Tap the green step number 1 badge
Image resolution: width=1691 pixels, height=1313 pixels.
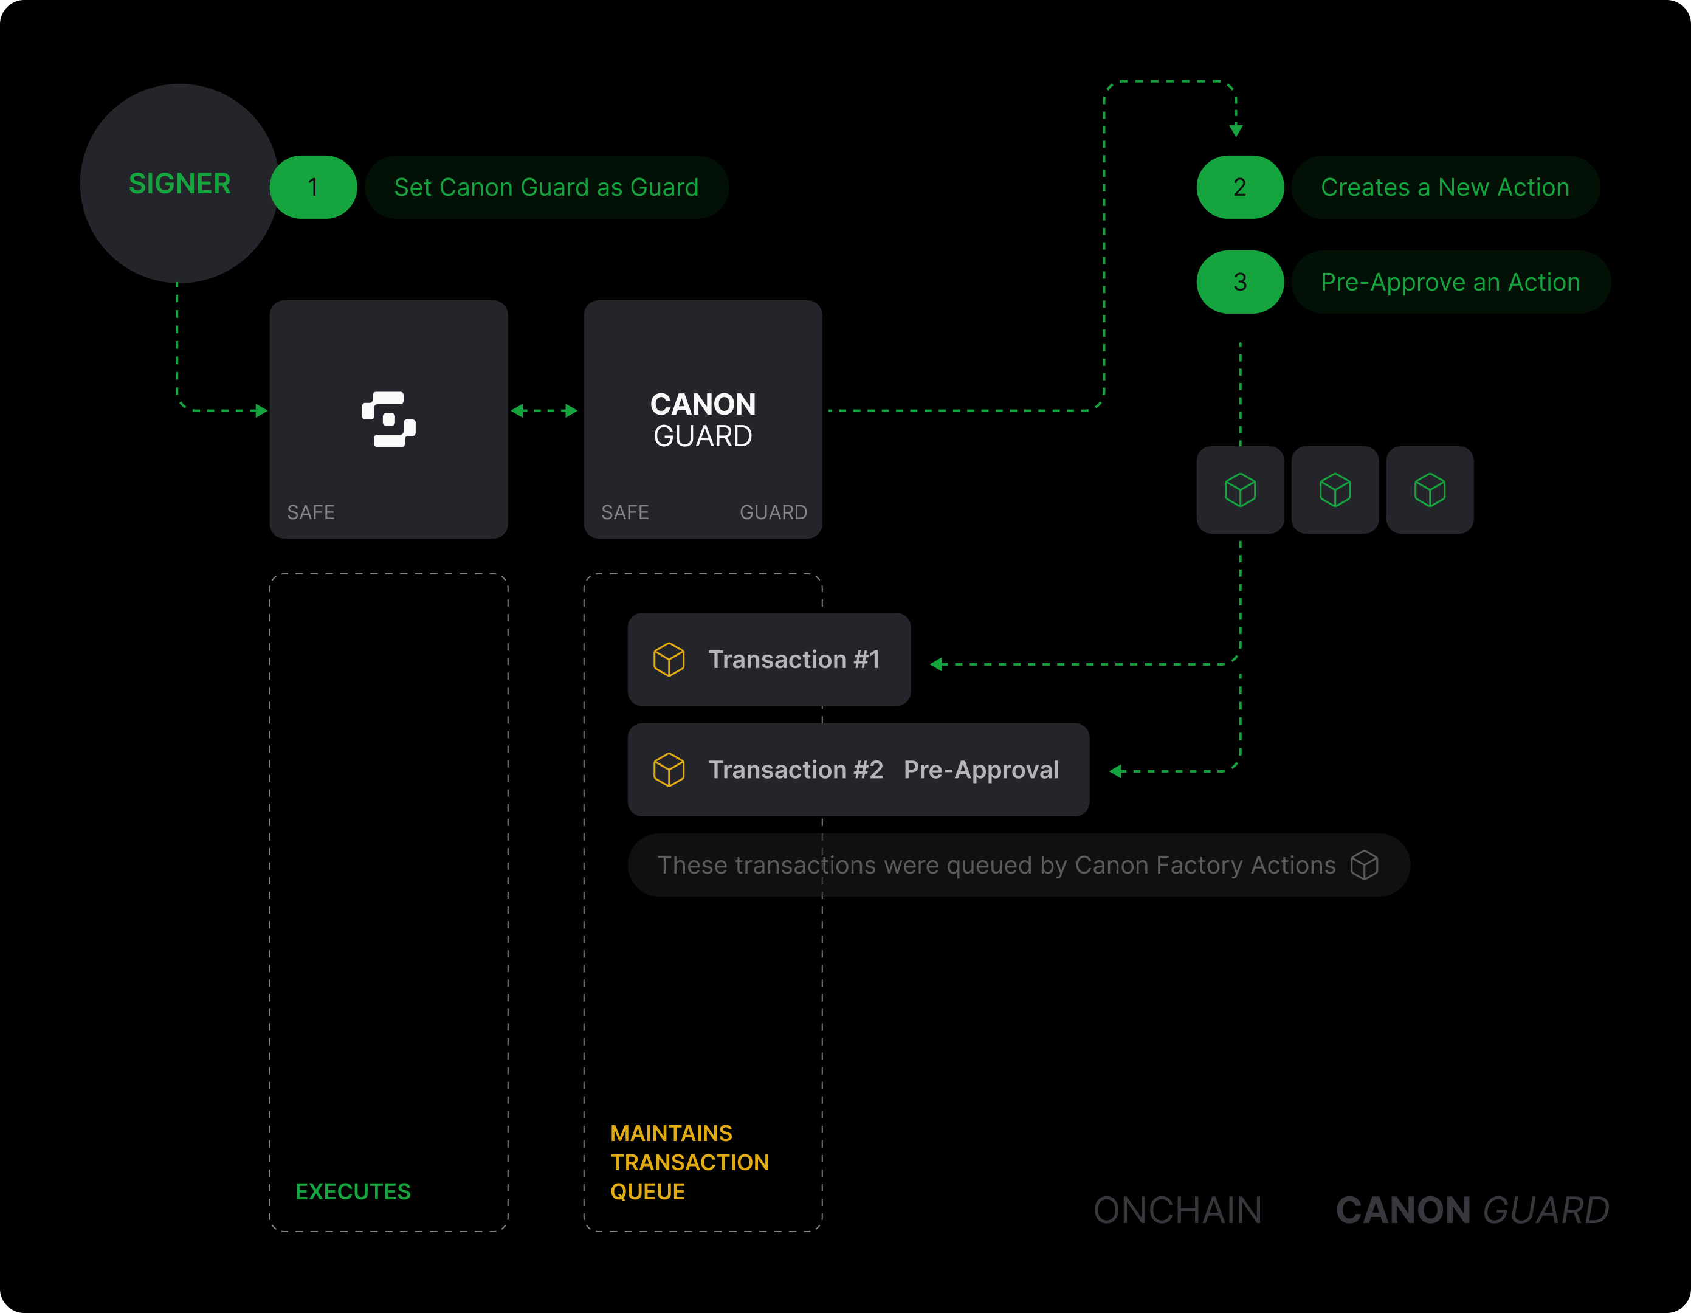313,187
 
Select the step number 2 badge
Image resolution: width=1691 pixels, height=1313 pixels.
1239,187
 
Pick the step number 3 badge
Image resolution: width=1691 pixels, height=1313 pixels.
1239,282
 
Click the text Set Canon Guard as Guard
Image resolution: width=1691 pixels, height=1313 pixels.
546,187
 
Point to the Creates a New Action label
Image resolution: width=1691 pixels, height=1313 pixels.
1445,187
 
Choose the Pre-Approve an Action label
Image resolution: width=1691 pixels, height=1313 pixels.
1450,282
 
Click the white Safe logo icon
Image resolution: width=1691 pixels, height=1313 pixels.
388,419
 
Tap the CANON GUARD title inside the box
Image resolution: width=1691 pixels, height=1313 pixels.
702,419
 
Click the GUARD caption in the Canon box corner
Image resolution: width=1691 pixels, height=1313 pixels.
773,512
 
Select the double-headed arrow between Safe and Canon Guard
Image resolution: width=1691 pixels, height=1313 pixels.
544,410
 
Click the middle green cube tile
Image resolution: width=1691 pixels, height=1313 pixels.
1335,489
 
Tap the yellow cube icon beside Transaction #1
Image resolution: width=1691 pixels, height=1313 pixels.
669,660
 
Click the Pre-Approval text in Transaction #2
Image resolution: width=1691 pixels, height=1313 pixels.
981,770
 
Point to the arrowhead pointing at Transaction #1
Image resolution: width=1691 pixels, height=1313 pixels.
936,664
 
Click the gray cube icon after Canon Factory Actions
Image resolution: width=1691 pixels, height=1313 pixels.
1364,865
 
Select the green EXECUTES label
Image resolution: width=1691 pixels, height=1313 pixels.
353,1191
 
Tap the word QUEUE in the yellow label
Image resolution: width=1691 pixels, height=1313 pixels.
647,1191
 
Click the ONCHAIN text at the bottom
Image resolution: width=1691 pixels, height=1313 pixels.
1177,1210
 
